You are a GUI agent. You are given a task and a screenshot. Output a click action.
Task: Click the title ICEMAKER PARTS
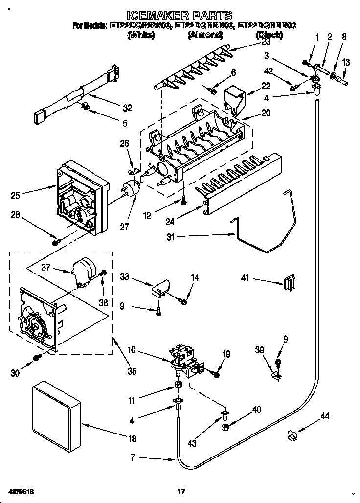(180, 16)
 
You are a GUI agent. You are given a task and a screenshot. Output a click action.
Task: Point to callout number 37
(46, 268)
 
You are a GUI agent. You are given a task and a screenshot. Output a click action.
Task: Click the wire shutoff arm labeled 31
(267, 230)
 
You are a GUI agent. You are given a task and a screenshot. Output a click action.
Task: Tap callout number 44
(325, 416)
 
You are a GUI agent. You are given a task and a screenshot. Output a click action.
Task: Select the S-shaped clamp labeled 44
(293, 434)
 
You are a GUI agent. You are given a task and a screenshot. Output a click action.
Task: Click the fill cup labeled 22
(235, 97)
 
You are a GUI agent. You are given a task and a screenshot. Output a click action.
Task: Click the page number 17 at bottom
(181, 491)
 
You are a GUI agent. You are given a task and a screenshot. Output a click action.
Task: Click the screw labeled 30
(37, 358)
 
